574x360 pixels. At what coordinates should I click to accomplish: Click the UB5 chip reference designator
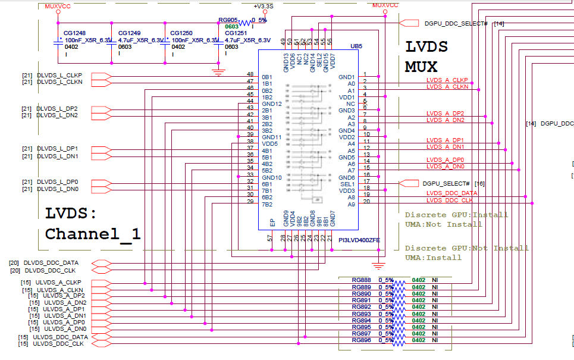tap(356, 45)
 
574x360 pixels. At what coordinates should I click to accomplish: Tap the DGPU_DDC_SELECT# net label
tap(456, 23)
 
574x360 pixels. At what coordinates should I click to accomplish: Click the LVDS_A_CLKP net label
tap(447, 80)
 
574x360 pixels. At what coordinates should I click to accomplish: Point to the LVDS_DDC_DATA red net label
tap(452, 193)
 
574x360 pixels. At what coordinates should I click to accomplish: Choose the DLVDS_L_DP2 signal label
tap(58, 109)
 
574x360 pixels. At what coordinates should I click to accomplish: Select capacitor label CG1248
tap(74, 33)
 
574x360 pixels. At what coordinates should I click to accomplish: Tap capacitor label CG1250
tap(181, 33)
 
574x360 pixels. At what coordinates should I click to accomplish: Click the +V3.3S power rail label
tap(263, 6)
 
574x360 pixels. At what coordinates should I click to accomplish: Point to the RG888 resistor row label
tap(361, 280)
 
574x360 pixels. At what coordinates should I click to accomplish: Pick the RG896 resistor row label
tap(361, 340)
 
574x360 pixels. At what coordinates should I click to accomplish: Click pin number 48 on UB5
tap(250, 75)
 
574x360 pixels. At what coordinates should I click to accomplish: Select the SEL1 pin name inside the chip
tap(347, 184)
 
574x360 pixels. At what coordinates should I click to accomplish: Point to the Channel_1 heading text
tap(93, 234)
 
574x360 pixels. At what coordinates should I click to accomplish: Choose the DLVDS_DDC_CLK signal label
tap(51, 271)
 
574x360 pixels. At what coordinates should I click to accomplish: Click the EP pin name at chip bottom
tap(272, 223)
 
